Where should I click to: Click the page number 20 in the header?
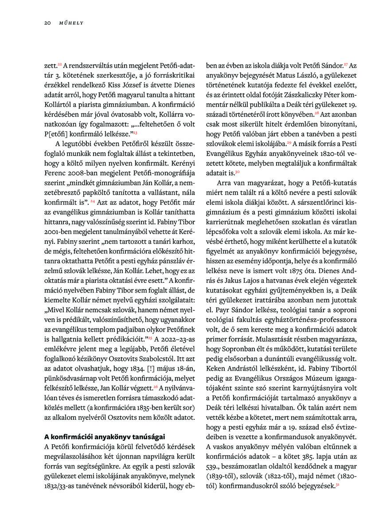[x=47, y=23]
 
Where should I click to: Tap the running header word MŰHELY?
[x=68, y=23]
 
